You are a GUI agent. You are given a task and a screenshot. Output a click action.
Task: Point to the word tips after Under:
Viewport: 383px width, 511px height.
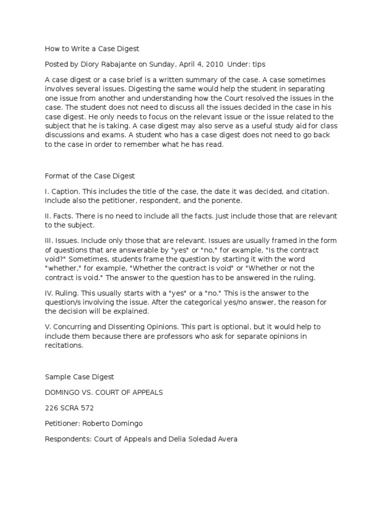[259, 63]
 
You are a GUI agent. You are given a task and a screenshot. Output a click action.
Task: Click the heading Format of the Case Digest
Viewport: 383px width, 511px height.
[90, 176]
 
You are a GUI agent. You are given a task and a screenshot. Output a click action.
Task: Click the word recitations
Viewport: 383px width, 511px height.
[62, 345]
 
